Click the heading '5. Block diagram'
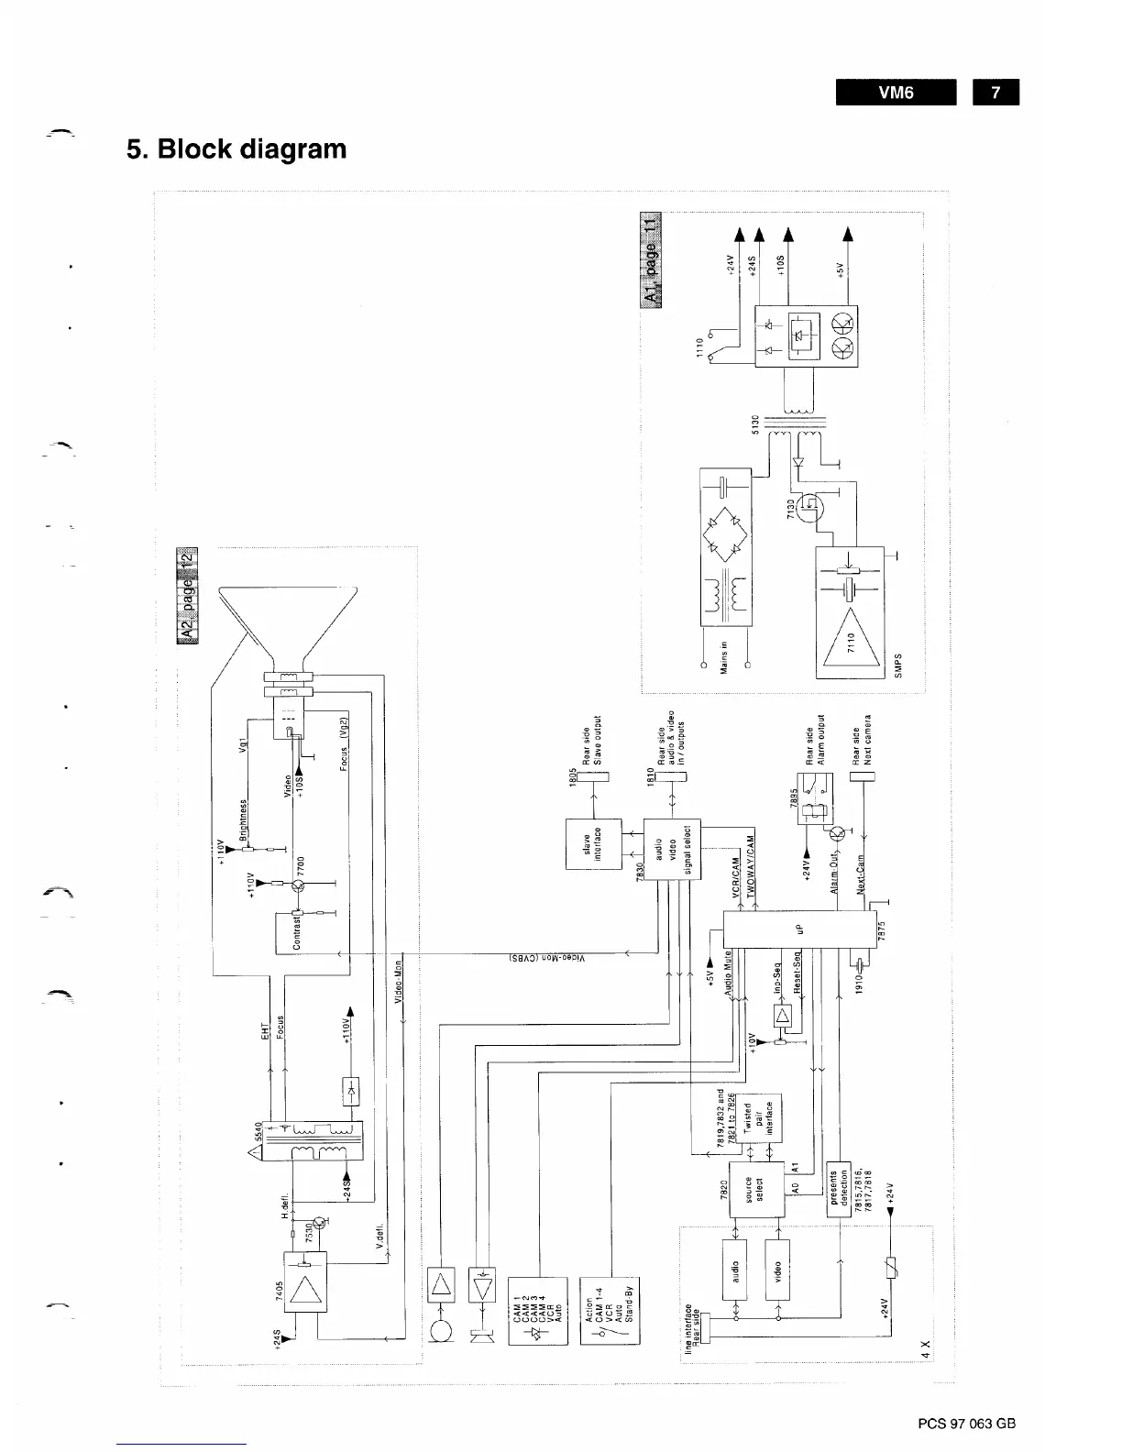coord(236,148)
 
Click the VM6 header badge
coord(896,93)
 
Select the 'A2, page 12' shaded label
coord(190,596)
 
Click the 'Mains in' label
coord(723,656)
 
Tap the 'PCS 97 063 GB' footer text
coord(966,1424)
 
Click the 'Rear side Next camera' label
coord(862,740)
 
